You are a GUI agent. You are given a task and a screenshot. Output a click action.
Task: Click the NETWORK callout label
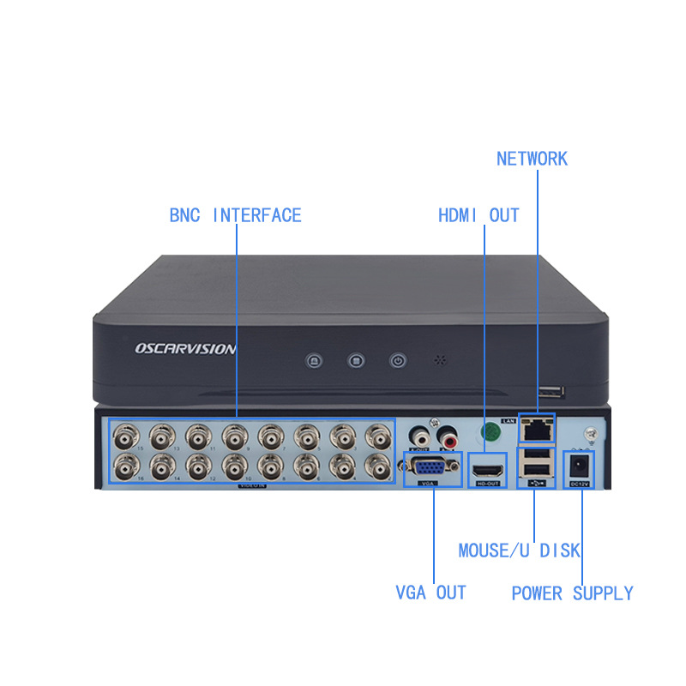coord(532,159)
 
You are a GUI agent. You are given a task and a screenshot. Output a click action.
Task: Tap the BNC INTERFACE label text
coord(235,215)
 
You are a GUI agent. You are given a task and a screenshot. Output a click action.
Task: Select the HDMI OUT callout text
coord(478,215)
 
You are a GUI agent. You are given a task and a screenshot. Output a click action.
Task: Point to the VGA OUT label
coord(430,593)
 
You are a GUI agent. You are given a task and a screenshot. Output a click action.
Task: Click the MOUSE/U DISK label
coord(520,551)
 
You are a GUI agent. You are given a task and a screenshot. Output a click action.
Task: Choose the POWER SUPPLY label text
coord(572,593)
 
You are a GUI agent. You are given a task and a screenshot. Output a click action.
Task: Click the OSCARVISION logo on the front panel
coord(185,349)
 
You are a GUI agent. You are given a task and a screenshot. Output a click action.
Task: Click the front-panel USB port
coord(551,393)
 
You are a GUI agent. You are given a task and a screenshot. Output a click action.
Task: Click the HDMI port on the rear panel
coord(486,471)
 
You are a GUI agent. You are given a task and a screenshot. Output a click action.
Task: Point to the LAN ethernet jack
coord(537,429)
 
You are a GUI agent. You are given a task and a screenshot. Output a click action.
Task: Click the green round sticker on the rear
coord(490,432)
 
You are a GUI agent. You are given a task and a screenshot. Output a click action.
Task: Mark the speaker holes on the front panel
coord(442,360)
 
